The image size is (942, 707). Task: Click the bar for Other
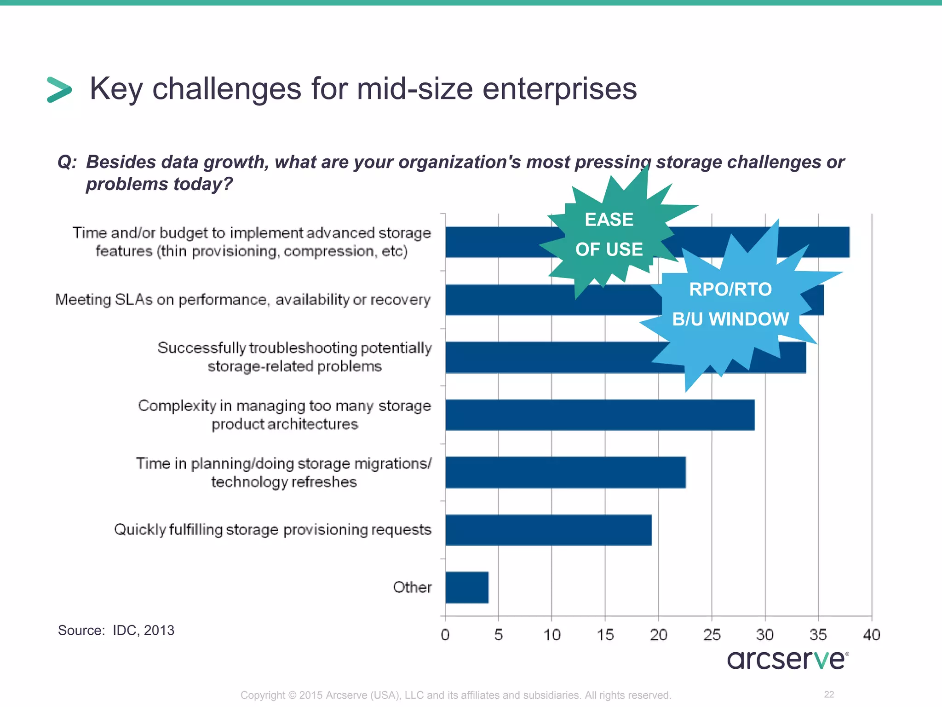[467, 587]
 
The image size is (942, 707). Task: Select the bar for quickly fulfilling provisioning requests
[548, 530]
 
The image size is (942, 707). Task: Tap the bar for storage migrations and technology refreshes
[565, 472]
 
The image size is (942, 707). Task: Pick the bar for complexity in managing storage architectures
[600, 415]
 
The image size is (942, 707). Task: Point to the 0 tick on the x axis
[445, 635]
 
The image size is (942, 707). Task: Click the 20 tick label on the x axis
[659, 635]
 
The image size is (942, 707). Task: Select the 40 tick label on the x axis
[872, 635]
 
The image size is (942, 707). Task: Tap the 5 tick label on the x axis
[499, 635]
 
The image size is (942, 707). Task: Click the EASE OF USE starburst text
[609, 234]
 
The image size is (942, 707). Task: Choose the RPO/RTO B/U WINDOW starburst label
[730, 304]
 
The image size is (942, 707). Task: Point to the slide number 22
[829, 695]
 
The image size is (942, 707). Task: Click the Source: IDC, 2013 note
[116, 630]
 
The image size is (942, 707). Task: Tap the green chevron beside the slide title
[59, 89]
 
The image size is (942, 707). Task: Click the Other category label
[412, 587]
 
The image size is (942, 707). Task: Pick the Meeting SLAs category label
[243, 300]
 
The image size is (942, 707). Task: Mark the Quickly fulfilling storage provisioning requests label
[273, 530]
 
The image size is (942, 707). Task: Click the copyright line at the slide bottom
[456, 695]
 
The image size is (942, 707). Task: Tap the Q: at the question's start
[67, 162]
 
